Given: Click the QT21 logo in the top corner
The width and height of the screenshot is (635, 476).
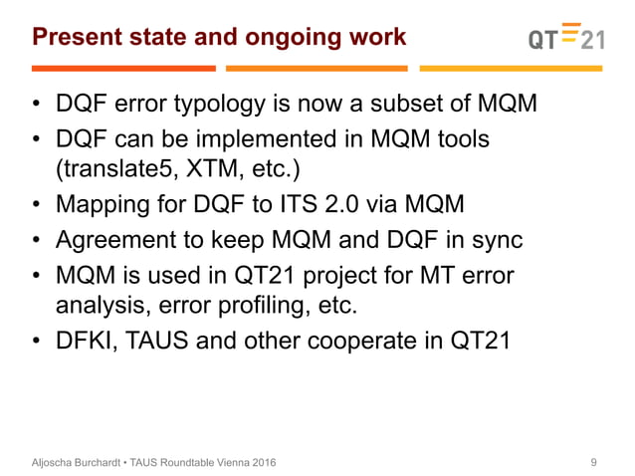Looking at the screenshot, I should [563, 37].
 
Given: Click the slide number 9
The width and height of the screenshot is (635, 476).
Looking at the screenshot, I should [594, 462].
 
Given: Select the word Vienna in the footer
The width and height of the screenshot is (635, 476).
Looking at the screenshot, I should [225, 462].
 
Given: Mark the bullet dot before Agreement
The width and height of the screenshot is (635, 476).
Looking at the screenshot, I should [36, 242].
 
